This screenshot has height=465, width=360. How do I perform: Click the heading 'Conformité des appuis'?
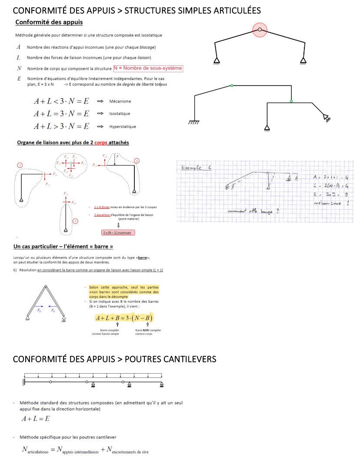(x=49, y=22)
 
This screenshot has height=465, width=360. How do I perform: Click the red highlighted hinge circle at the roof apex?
(x=260, y=30)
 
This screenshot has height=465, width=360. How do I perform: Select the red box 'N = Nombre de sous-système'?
(x=148, y=68)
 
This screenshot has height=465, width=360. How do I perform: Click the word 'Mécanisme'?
(x=120, y=101)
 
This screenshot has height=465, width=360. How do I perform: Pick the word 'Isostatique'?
(x=120, y=114)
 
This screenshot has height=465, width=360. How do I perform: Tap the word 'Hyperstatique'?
(x=123, y=127)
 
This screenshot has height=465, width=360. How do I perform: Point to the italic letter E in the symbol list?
(x=19, y=79)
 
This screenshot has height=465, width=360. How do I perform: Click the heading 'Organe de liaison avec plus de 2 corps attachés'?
(x=73, y=142)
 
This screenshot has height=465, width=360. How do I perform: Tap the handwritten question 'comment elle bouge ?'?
(x=253, y=212)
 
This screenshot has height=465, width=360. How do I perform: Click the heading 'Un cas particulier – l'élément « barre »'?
(x=63, y=247)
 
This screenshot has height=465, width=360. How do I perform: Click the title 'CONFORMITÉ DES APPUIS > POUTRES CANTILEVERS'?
(x=114, y=359)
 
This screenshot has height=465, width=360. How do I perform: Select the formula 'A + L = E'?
(x=36, y=419)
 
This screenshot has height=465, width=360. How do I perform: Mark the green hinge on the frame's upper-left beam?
(x=232, y=86)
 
